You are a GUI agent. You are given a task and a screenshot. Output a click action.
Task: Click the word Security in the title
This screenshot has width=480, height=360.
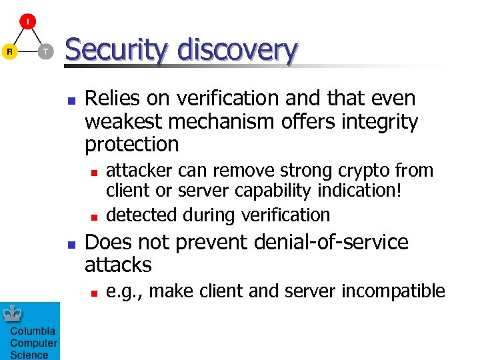pos(111,51)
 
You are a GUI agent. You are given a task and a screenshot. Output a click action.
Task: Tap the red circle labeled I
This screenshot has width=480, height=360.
pos(27,21)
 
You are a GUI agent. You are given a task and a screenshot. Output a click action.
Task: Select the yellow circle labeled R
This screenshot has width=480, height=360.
pos(9,51)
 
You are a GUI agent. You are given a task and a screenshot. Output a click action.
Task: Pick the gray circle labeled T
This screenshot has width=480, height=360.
pos(45,51)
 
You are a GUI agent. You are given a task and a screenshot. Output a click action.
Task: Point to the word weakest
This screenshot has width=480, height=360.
pos(124,121)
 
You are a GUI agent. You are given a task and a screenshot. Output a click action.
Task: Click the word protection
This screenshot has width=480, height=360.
pos(132,144)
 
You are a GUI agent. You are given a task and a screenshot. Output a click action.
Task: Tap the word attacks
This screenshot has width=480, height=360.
pos(118,265)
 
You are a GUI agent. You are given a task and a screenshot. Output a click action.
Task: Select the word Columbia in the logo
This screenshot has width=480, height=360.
pos(33,331)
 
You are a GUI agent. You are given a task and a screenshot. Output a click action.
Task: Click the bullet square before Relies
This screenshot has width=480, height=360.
pos(69,101)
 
